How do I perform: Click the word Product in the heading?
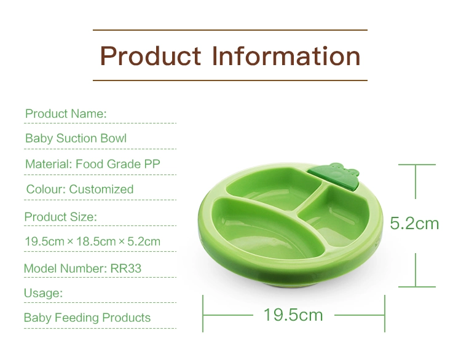[x=151, y=56]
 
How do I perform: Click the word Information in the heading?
[x=286, y=56]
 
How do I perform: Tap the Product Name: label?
[x=66, y=114]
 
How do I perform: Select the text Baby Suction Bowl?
[x=76, y=138]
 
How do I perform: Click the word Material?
[x=49, y=164]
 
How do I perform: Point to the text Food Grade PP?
[x=118, y=164]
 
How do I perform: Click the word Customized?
[x=101, y=189]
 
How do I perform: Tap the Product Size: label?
[x=61, y=217]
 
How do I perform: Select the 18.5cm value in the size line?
[x=96, y=241]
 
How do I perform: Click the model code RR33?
[x=126, y=268]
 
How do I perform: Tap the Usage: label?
[x=43, y=293]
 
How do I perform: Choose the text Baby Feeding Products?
[x=87, y=318]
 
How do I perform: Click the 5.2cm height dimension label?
[x=414, y=224]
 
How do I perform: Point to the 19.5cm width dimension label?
[x=293, y=315]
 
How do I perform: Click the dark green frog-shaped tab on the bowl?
[x=335, y=176]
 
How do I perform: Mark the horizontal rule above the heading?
[x=230, y=30]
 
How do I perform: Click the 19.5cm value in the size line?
[x=44, y=241]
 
